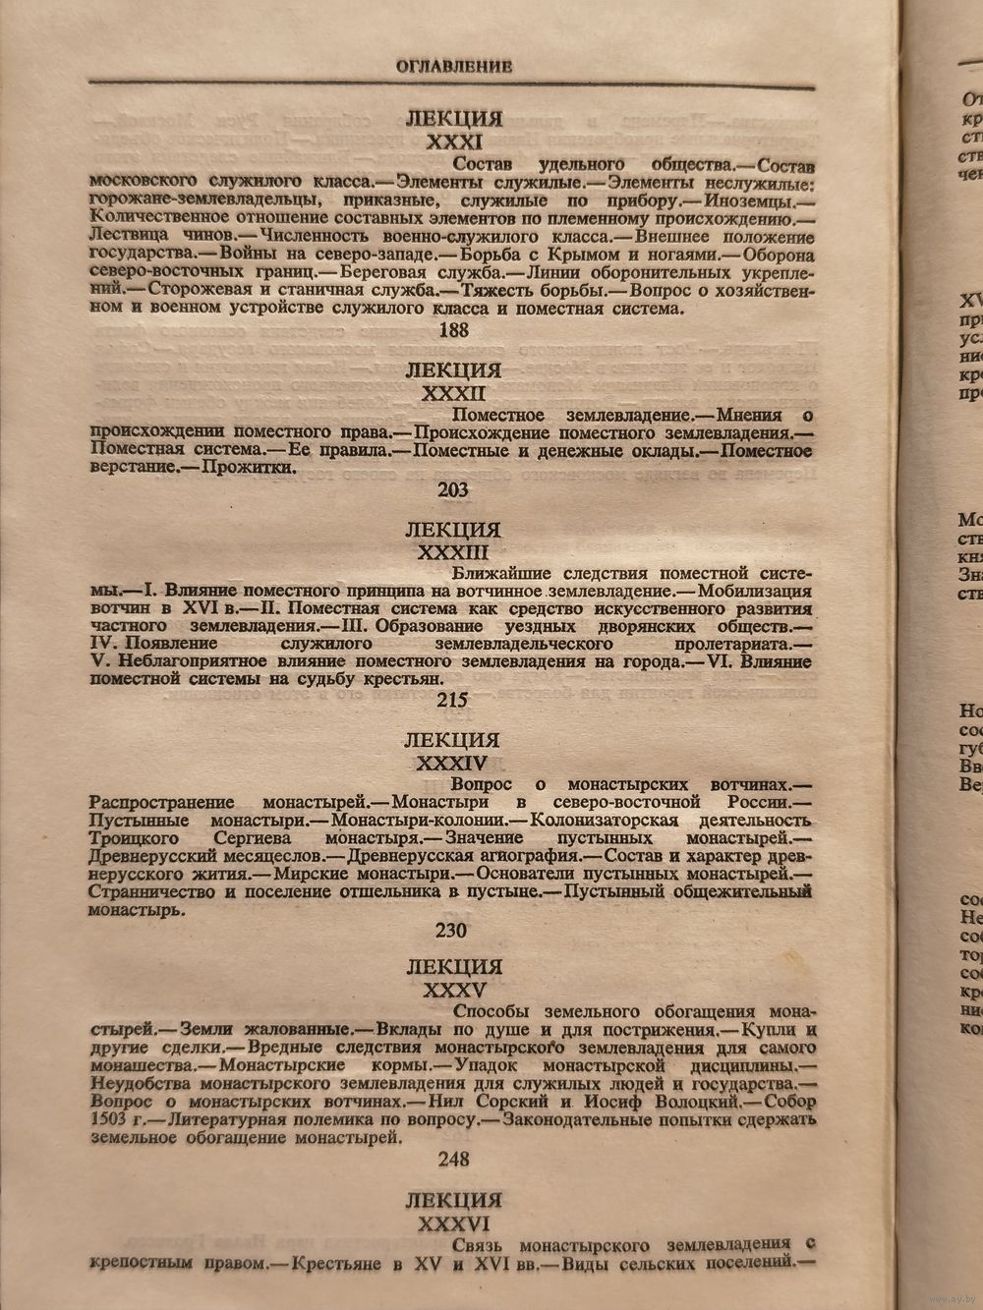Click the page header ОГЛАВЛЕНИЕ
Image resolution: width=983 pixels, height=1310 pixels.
453,67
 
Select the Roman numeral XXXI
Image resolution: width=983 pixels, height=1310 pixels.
453,142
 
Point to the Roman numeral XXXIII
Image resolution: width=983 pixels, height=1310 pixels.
453,552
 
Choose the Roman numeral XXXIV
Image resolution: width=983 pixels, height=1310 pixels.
453,763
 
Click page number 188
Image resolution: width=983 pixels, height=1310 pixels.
454,330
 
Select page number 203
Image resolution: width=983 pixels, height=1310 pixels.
453,489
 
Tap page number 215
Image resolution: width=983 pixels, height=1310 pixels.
453,701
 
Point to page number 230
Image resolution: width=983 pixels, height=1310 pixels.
453,929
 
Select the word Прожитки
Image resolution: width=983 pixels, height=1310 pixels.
249,469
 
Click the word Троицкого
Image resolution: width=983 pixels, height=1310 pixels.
134,838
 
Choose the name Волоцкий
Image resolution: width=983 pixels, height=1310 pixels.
705,1103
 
